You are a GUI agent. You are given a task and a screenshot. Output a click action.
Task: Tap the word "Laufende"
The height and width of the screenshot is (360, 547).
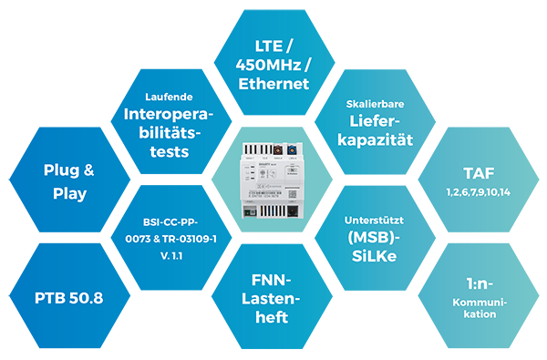point(166,97)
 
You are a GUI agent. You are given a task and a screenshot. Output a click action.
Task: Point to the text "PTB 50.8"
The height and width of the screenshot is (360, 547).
point(69,298)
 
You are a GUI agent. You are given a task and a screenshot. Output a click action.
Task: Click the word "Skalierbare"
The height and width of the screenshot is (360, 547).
point(375,104)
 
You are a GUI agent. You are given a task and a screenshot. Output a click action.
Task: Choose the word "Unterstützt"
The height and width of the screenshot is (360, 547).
point(375,221)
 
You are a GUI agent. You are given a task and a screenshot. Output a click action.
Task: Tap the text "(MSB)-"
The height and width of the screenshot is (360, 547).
point(375,238)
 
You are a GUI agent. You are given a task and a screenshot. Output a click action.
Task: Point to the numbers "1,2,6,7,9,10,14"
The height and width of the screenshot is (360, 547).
point(479,193)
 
